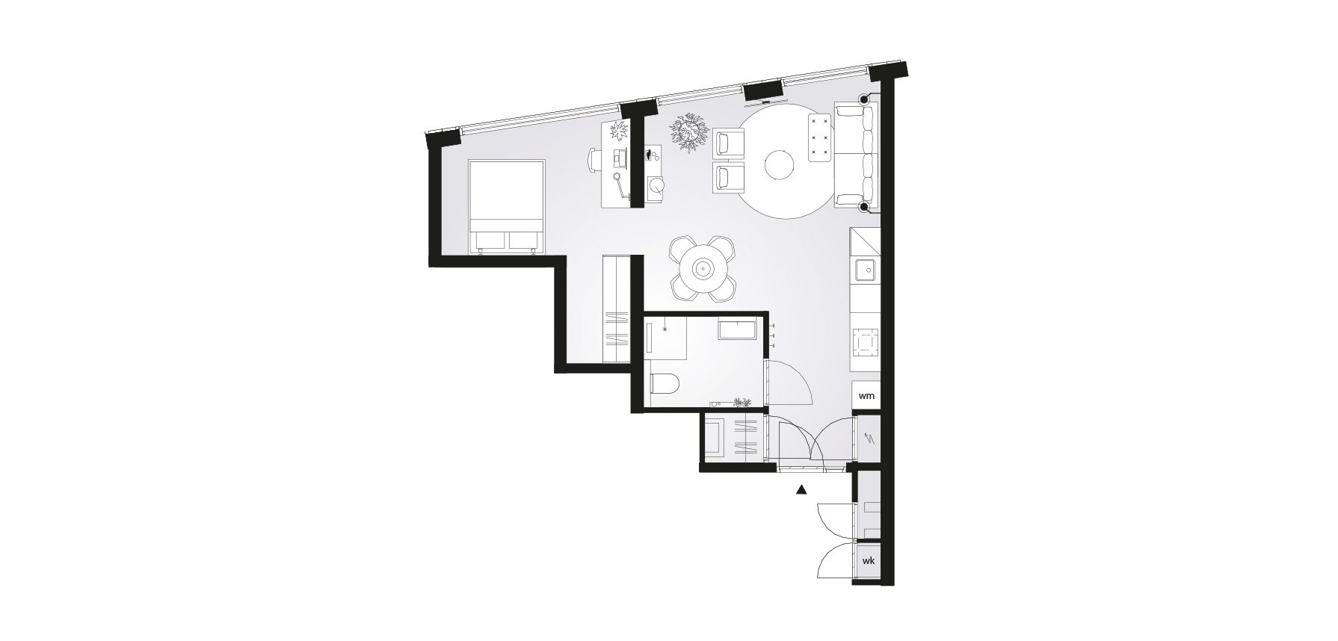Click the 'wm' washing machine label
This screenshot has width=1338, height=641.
(866, 395)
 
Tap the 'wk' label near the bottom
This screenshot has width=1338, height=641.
(868, 560)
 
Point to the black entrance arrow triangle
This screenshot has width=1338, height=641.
(801, 491)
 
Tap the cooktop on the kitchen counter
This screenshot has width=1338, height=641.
(867, 341)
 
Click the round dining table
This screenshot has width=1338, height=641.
(703, 269)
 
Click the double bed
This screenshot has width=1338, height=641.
(506, 206)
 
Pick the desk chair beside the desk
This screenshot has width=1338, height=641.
(594, 160)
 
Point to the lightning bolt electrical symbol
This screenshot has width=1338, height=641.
(869, 439)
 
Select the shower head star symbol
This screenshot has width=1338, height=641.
(663, 328)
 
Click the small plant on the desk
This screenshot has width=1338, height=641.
(619, 133)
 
